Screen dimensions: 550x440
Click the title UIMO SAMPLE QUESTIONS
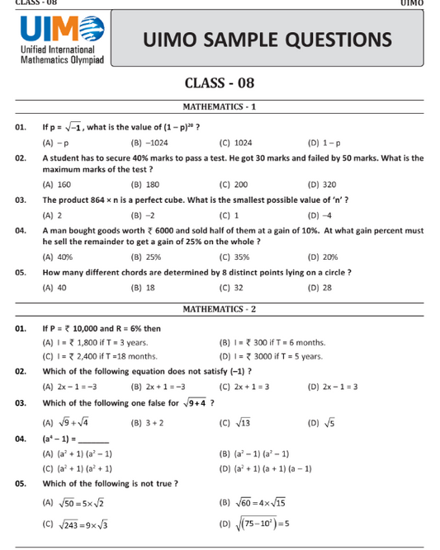pos(267,40)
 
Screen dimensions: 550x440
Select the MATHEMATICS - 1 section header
pos(220,107)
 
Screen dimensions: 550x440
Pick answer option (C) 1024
pos(236,142)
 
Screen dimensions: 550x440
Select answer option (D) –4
pos(319,214)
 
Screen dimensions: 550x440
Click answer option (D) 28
pos(319,287)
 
